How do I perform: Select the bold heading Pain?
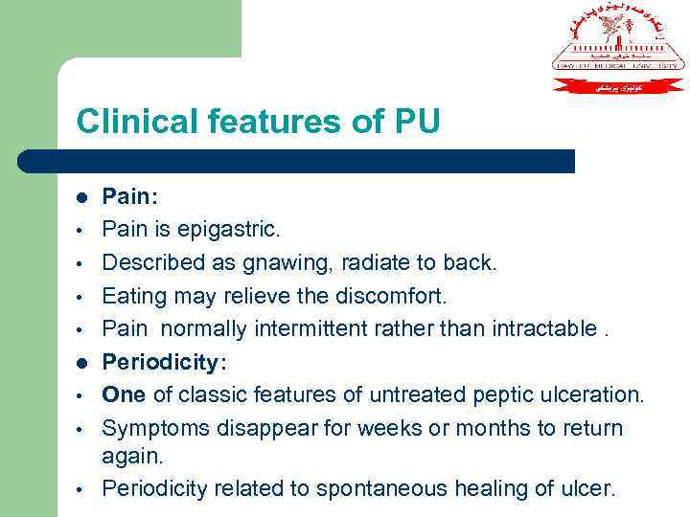[130, 196]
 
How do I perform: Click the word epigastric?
[226, 230]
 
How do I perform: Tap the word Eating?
[133, 296]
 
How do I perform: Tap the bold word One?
[124, 394]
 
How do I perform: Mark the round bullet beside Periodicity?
[82, 363]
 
